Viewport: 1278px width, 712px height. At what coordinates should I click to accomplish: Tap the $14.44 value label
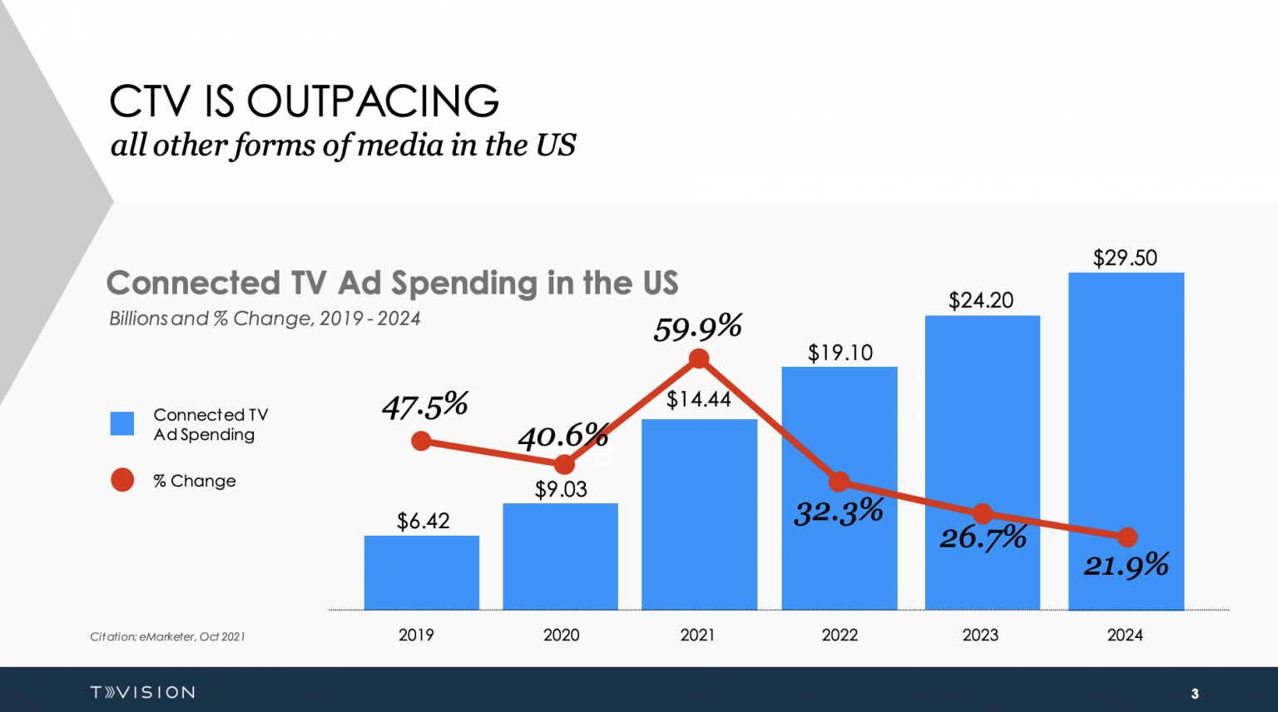click(x=698, y=399)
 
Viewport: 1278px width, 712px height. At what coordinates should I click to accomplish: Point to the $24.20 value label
click(x=981, y=300)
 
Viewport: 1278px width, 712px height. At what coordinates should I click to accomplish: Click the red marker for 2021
click(x=699, y=358)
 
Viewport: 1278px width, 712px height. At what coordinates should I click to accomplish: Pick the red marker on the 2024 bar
click(x=1127, y=537)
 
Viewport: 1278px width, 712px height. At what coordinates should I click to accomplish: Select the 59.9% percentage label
click(x=697, y=329)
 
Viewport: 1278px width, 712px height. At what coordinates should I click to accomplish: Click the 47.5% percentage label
click(x=424, y=406)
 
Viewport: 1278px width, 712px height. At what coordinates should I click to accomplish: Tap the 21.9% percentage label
click(x=1126, y=566)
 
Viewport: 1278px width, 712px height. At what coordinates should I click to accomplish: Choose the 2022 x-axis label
click(x=840, y=635)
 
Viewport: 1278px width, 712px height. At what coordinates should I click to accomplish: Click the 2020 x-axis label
click(x=562, y=635)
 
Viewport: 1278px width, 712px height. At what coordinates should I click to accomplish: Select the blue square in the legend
click(x=122, y=423)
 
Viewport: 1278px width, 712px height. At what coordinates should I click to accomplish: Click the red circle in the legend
click(x=122, y=480)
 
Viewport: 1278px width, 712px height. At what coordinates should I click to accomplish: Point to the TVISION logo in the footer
click(x=142, y=692)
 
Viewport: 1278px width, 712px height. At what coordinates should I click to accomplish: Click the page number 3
click(x=1195, y=694)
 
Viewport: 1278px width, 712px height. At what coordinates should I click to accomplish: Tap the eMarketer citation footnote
click(x=167, y=637)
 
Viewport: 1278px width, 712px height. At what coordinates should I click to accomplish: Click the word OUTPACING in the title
click(x=373, y=101)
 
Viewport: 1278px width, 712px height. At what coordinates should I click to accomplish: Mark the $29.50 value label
click(x=1125, y=258)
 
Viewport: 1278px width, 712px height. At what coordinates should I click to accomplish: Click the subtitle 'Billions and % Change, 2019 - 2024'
click(x=265, y=319)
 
